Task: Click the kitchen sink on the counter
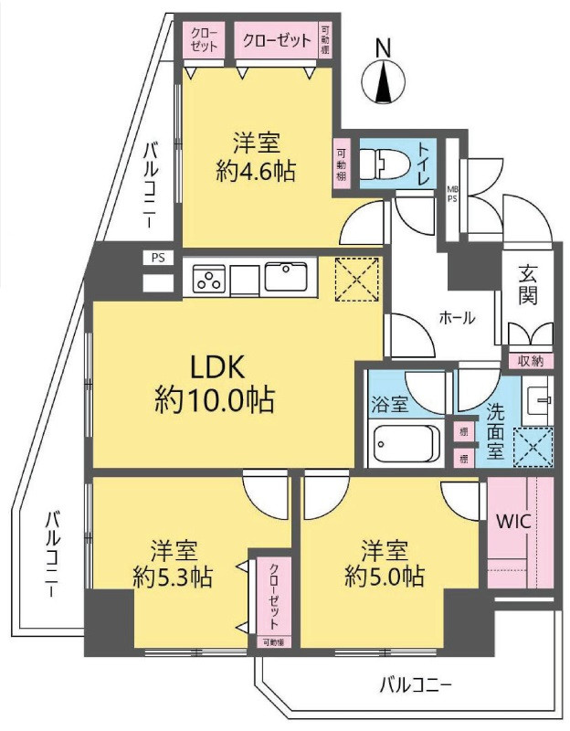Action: pyautogui.click(x=289, y=275)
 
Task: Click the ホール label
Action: pyautogui.click(x=457, y=318)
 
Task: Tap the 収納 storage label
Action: pyautogui.click(x=530, y=360)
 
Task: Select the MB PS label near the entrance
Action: pyautogui.click(x=451, y=196)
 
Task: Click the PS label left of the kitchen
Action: pyautogui.click(x=159, y=258)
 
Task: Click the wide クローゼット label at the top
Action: pyautogui.click(x=276, y=39)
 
